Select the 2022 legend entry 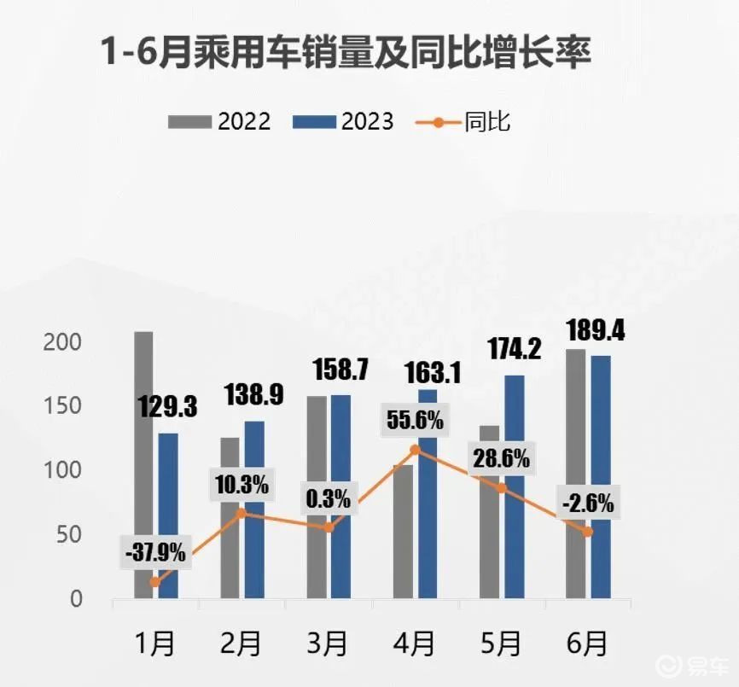219,121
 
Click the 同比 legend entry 463,121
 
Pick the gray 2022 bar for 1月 143,465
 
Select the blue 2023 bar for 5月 514,486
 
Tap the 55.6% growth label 415,420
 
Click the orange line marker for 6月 588,532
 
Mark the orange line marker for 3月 329,527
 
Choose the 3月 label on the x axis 327,643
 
